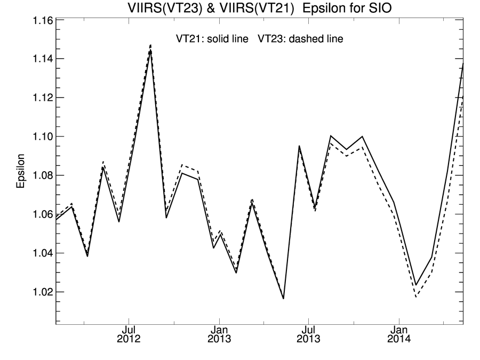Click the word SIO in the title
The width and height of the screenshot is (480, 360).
383,7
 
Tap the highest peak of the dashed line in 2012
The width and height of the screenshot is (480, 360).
151,45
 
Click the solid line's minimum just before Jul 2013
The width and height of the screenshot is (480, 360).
283,299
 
